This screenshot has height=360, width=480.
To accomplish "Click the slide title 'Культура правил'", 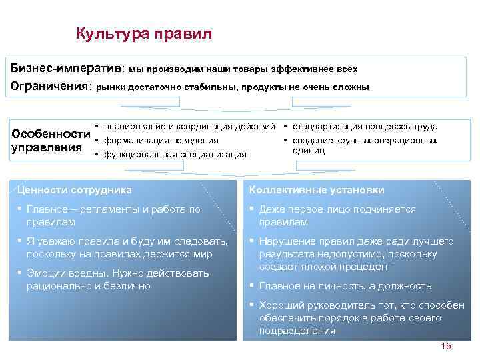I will coord(144,33).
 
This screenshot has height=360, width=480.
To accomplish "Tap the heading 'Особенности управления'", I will coord(51,140).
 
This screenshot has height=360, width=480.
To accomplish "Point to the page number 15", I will coord(446,346).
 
